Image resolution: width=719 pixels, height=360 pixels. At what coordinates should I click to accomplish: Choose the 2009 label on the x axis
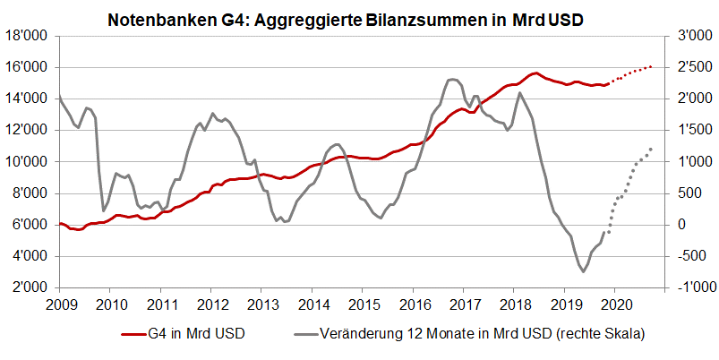tap(59, 304)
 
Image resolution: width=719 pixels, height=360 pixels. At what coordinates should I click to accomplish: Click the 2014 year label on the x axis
tap(312, 304)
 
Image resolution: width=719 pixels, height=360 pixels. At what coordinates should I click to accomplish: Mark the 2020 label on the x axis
tap(614, 304)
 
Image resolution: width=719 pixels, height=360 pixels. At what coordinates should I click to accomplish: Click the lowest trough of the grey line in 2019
tap(583, 270)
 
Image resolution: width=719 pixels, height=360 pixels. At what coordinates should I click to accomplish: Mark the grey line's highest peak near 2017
tap(452, 79)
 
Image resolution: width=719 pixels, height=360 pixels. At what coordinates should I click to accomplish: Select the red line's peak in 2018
tap(535, 73)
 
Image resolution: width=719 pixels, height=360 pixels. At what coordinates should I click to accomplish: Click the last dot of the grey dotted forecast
tap(651, 149)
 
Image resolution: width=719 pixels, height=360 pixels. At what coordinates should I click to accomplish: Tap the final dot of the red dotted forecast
tap(651, 66)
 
